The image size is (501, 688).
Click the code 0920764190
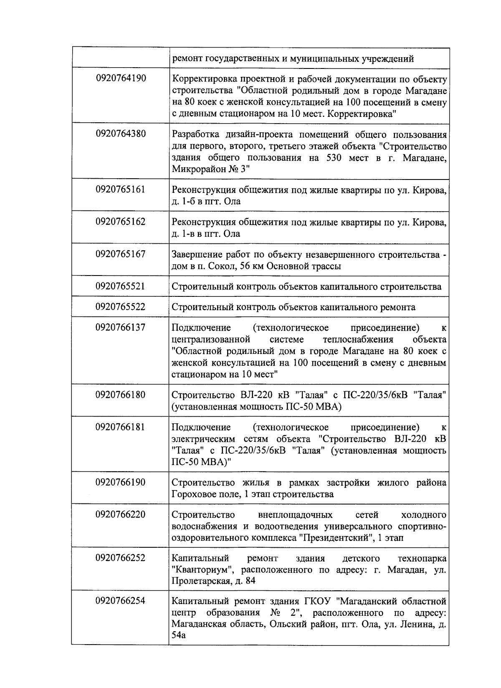121,78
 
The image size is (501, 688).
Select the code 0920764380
121,134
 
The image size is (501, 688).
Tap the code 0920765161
121,189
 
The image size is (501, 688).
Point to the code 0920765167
121,254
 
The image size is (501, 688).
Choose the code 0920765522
121,307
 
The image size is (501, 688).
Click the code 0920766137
121,327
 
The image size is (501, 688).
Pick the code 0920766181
121,427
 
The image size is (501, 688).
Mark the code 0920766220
121,514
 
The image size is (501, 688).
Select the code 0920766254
121,601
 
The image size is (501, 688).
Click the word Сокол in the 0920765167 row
216,266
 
